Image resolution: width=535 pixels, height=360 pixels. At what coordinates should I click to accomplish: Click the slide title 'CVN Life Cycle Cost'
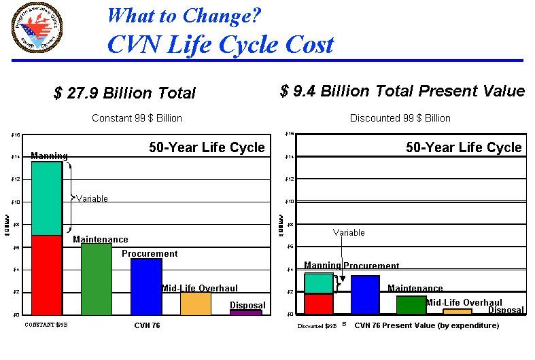click(x=220, y=44)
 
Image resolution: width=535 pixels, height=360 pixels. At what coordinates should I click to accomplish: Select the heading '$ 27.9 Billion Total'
click(x=124, y=93)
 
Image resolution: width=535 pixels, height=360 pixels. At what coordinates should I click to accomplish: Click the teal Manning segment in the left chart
click(x=47, y=198)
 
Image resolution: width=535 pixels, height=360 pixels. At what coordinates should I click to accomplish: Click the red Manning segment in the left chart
click(x=47, y=274)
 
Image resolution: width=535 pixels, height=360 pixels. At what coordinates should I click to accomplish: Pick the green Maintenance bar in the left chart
click(x=96, y=279)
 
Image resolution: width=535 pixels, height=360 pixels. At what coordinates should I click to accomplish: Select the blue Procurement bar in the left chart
click(x=146, y=287)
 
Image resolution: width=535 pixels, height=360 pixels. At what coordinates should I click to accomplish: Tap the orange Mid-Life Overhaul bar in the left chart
click(x=195, y=304)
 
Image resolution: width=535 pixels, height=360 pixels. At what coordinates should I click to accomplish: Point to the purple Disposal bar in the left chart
click(x=245, y=312)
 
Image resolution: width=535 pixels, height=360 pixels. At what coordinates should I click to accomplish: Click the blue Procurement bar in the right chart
click(x=365, y=294)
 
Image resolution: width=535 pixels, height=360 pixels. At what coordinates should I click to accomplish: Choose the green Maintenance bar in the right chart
click(x=411, y=305)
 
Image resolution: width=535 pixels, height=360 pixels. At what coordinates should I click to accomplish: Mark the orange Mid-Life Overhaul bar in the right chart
click(x=457, y=311)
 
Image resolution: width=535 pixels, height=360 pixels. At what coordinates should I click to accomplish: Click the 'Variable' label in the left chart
click(x=92, y=199)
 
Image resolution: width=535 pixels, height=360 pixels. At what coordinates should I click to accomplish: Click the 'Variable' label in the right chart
click(x=349, y=233)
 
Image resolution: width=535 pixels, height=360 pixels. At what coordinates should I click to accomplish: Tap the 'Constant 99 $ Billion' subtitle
click(x=137, y=118)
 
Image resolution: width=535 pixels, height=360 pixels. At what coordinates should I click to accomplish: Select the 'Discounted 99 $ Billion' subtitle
click(x=400, y=118)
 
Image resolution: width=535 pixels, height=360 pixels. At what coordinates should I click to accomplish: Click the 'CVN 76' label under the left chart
click(x=147, y=326)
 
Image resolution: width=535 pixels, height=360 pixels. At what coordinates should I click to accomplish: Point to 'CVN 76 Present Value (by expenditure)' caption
click(x=427, y=326)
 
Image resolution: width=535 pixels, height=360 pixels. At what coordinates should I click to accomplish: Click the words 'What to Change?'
click(x=184, y=15)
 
